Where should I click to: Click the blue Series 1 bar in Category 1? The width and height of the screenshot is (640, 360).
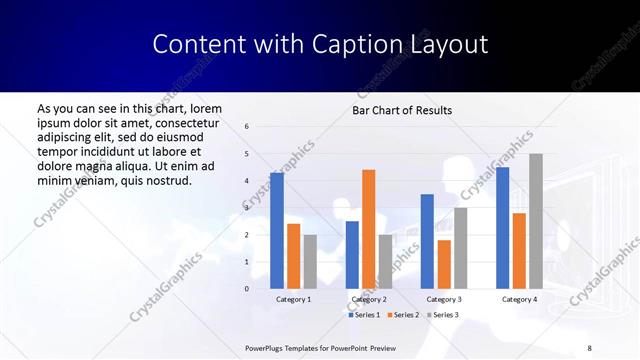[277, 231]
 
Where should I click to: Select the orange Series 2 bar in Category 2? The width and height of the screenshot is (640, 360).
[368, 229]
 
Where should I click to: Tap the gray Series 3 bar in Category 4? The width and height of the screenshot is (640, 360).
[536, 221]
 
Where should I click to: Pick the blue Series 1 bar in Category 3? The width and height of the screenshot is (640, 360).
[427, 241]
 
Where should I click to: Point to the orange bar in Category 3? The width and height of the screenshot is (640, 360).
[444, 264]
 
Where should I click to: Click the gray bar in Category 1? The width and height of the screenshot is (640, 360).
[310, 262]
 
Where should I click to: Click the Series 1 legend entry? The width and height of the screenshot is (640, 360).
[366, 315]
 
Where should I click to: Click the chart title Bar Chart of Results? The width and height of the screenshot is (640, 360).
[402, 110]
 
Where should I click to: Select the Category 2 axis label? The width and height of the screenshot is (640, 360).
[369, 299]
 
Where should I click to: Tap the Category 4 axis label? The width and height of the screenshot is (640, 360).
[519, 299]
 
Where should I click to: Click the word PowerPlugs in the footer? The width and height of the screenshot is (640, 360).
[267, 348]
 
